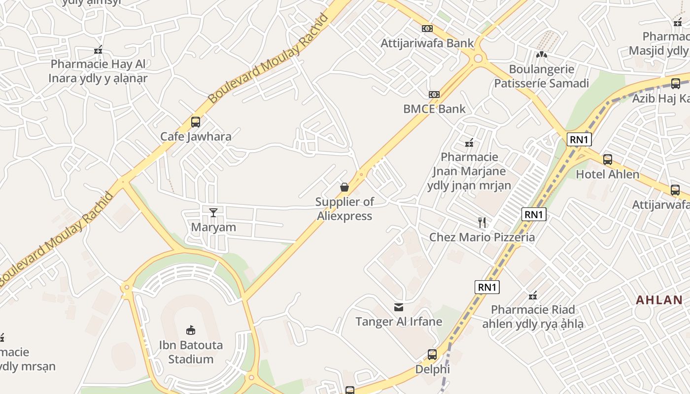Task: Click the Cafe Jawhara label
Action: pyautogui.click(x=196, y=136)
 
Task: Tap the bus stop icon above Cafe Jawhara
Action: pyautogui.click(x=196, y=122)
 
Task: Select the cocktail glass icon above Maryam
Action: pyautogui.click(x=213, y=212)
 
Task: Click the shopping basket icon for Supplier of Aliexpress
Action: pyautogui.click(x=345, y=187)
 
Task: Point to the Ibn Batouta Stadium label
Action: pyautogui.click(x=191, y=352)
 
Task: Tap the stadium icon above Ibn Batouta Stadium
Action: pyautogui.click(x=191, y=330)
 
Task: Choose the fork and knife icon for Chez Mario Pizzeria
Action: pyautogui.click(x=482, y=223)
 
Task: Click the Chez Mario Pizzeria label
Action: pyautogui.click(x=482, y=237)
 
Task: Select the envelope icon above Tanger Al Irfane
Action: pyautogui.click(x=399, y=307)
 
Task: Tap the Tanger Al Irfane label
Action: pyautogui.click(x=399, y=322)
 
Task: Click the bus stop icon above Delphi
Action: pyautogui.click(x=432, y=354)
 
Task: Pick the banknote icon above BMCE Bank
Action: pyautogui.click(x=434, y=94)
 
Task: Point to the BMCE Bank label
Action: pyautogui.click(x=434, y=109)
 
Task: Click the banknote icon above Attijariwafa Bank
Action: pyautogui.click(x=427, y=29)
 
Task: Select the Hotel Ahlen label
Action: pyautogui.click(x=608, y=174)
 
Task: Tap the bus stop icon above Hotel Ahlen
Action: pyautogui.click(x=608, y=160)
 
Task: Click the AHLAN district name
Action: pyautogui.click(x=659, y=300)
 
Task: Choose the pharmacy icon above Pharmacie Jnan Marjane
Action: pyautogui.click(x=469, y=143)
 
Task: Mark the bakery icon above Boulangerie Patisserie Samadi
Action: pyautogui.click(x=542, y=55)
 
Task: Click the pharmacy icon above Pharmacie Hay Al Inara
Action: pyautogui.click(x=98, y=50)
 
